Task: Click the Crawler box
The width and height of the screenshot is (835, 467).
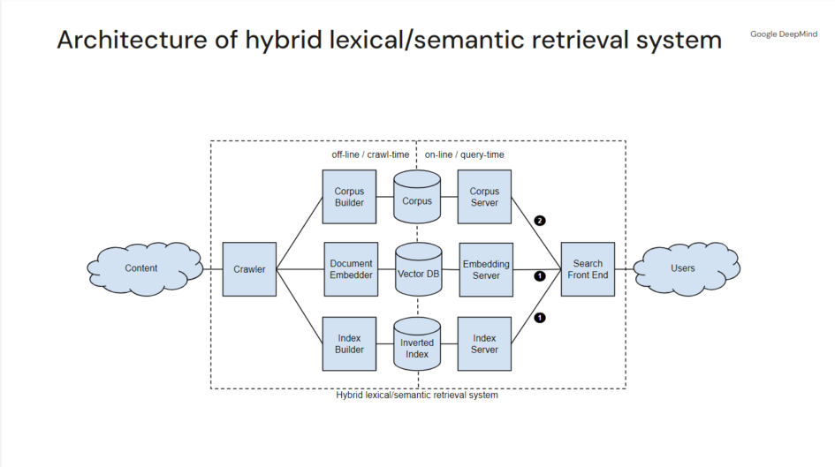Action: tap(250, 268)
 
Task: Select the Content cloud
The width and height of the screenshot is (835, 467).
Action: tap(140, 268)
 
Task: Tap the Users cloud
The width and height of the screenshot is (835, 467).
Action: tap(683, 268)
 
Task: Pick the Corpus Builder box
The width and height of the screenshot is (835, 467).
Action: tap(349, 197)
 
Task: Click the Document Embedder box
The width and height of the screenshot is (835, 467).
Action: tap(351, 268)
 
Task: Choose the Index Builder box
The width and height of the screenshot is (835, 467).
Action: tap(349, 343)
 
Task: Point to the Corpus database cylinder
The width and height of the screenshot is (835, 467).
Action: tap(417, 197)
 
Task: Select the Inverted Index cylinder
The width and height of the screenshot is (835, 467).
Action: tap(417, 345)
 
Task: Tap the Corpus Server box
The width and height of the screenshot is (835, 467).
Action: tap(484, 197)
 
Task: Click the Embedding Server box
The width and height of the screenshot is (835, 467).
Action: tap(486, 268)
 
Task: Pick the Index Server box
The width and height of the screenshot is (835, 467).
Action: tap(484, 343)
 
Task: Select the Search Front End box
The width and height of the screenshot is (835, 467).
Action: tap(588, 268)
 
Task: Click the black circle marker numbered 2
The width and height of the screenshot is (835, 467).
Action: tap(540, 220)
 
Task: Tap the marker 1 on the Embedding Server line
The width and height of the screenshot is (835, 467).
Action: tap(540, 275)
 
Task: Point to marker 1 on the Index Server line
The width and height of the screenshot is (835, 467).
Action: tap(540, 317)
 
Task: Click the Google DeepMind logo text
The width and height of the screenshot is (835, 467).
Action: tap(784, 34)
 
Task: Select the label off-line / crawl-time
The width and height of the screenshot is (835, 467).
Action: tap(365, 154)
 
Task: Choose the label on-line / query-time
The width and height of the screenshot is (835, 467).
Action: tap(465, 154)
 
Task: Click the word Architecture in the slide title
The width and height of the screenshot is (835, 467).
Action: tap(115, 41)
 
